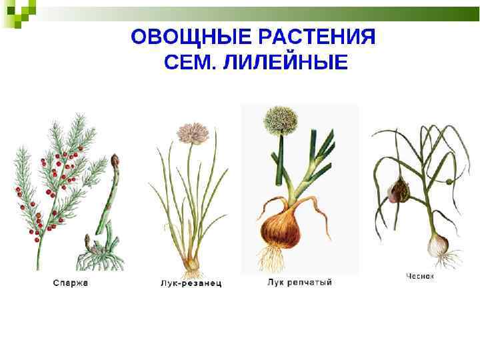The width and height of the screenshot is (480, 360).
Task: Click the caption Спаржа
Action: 71,283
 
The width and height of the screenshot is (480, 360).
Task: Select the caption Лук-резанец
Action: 191,283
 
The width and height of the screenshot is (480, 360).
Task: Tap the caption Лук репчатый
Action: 299,283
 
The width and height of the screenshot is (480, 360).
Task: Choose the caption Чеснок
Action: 420,275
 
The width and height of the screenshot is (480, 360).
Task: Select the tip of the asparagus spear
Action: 115,161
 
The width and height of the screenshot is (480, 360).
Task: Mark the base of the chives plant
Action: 192,263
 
